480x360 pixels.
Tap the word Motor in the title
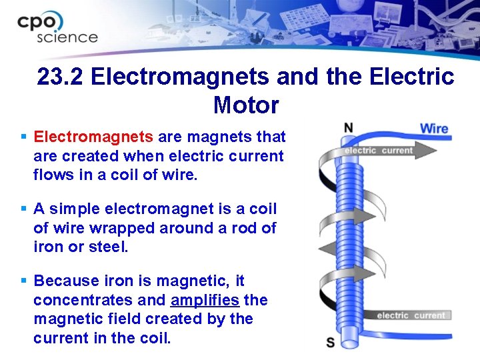click(x=246, y=105)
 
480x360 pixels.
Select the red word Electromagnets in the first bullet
click(x=93, y=137)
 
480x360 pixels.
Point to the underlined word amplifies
click(x=205, y=300)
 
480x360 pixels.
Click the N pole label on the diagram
click(x=348, y=127)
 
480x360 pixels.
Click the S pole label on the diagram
click(x=331, y=342)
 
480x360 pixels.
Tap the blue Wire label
click(x=434, y=128)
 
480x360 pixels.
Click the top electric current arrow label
click(x=379, y=150)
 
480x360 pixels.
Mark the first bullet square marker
click(x=23, y=137)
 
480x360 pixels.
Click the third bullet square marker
click(x=23, y=281)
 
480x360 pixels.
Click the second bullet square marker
click(x=23, y=209)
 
